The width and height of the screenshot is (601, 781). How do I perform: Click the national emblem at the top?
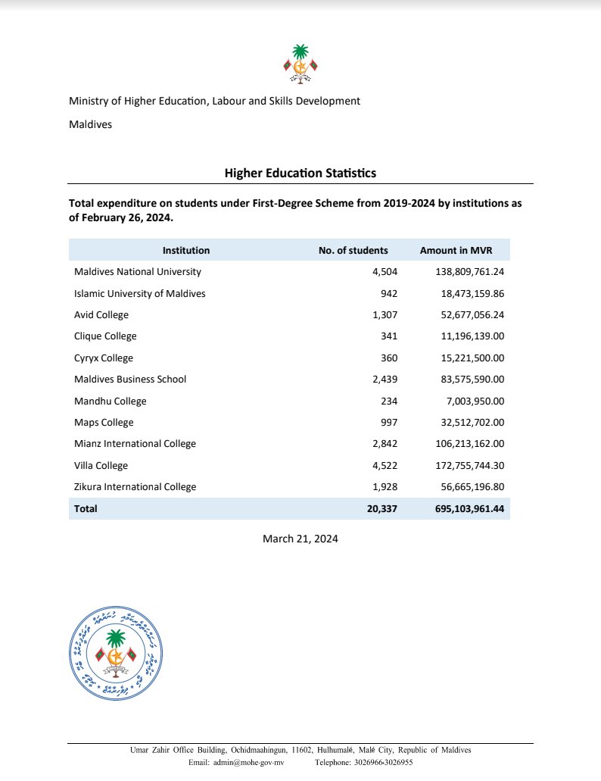click(x=300, y=64)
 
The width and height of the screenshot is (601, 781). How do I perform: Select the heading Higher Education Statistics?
click(x=300, y=173)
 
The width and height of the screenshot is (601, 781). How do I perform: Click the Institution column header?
click(x=186, y=250)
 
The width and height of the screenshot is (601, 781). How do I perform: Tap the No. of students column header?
click(x=353, y=250)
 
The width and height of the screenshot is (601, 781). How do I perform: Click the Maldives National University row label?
click(x=138, y=271)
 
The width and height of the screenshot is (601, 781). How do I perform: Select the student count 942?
click(x=388, y=293)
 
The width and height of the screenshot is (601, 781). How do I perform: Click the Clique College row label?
click(x=105, y=336)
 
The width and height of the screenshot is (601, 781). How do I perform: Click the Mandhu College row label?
click(x=111, y=401)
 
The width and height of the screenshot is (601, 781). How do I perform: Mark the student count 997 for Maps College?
click(x=388, y=422)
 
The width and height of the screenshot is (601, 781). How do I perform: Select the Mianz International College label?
click(x=135, y=444)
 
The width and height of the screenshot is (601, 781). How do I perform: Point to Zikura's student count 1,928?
click(x=383, y=487)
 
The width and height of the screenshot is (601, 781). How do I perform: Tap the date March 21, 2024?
click(x=300, y=539)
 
